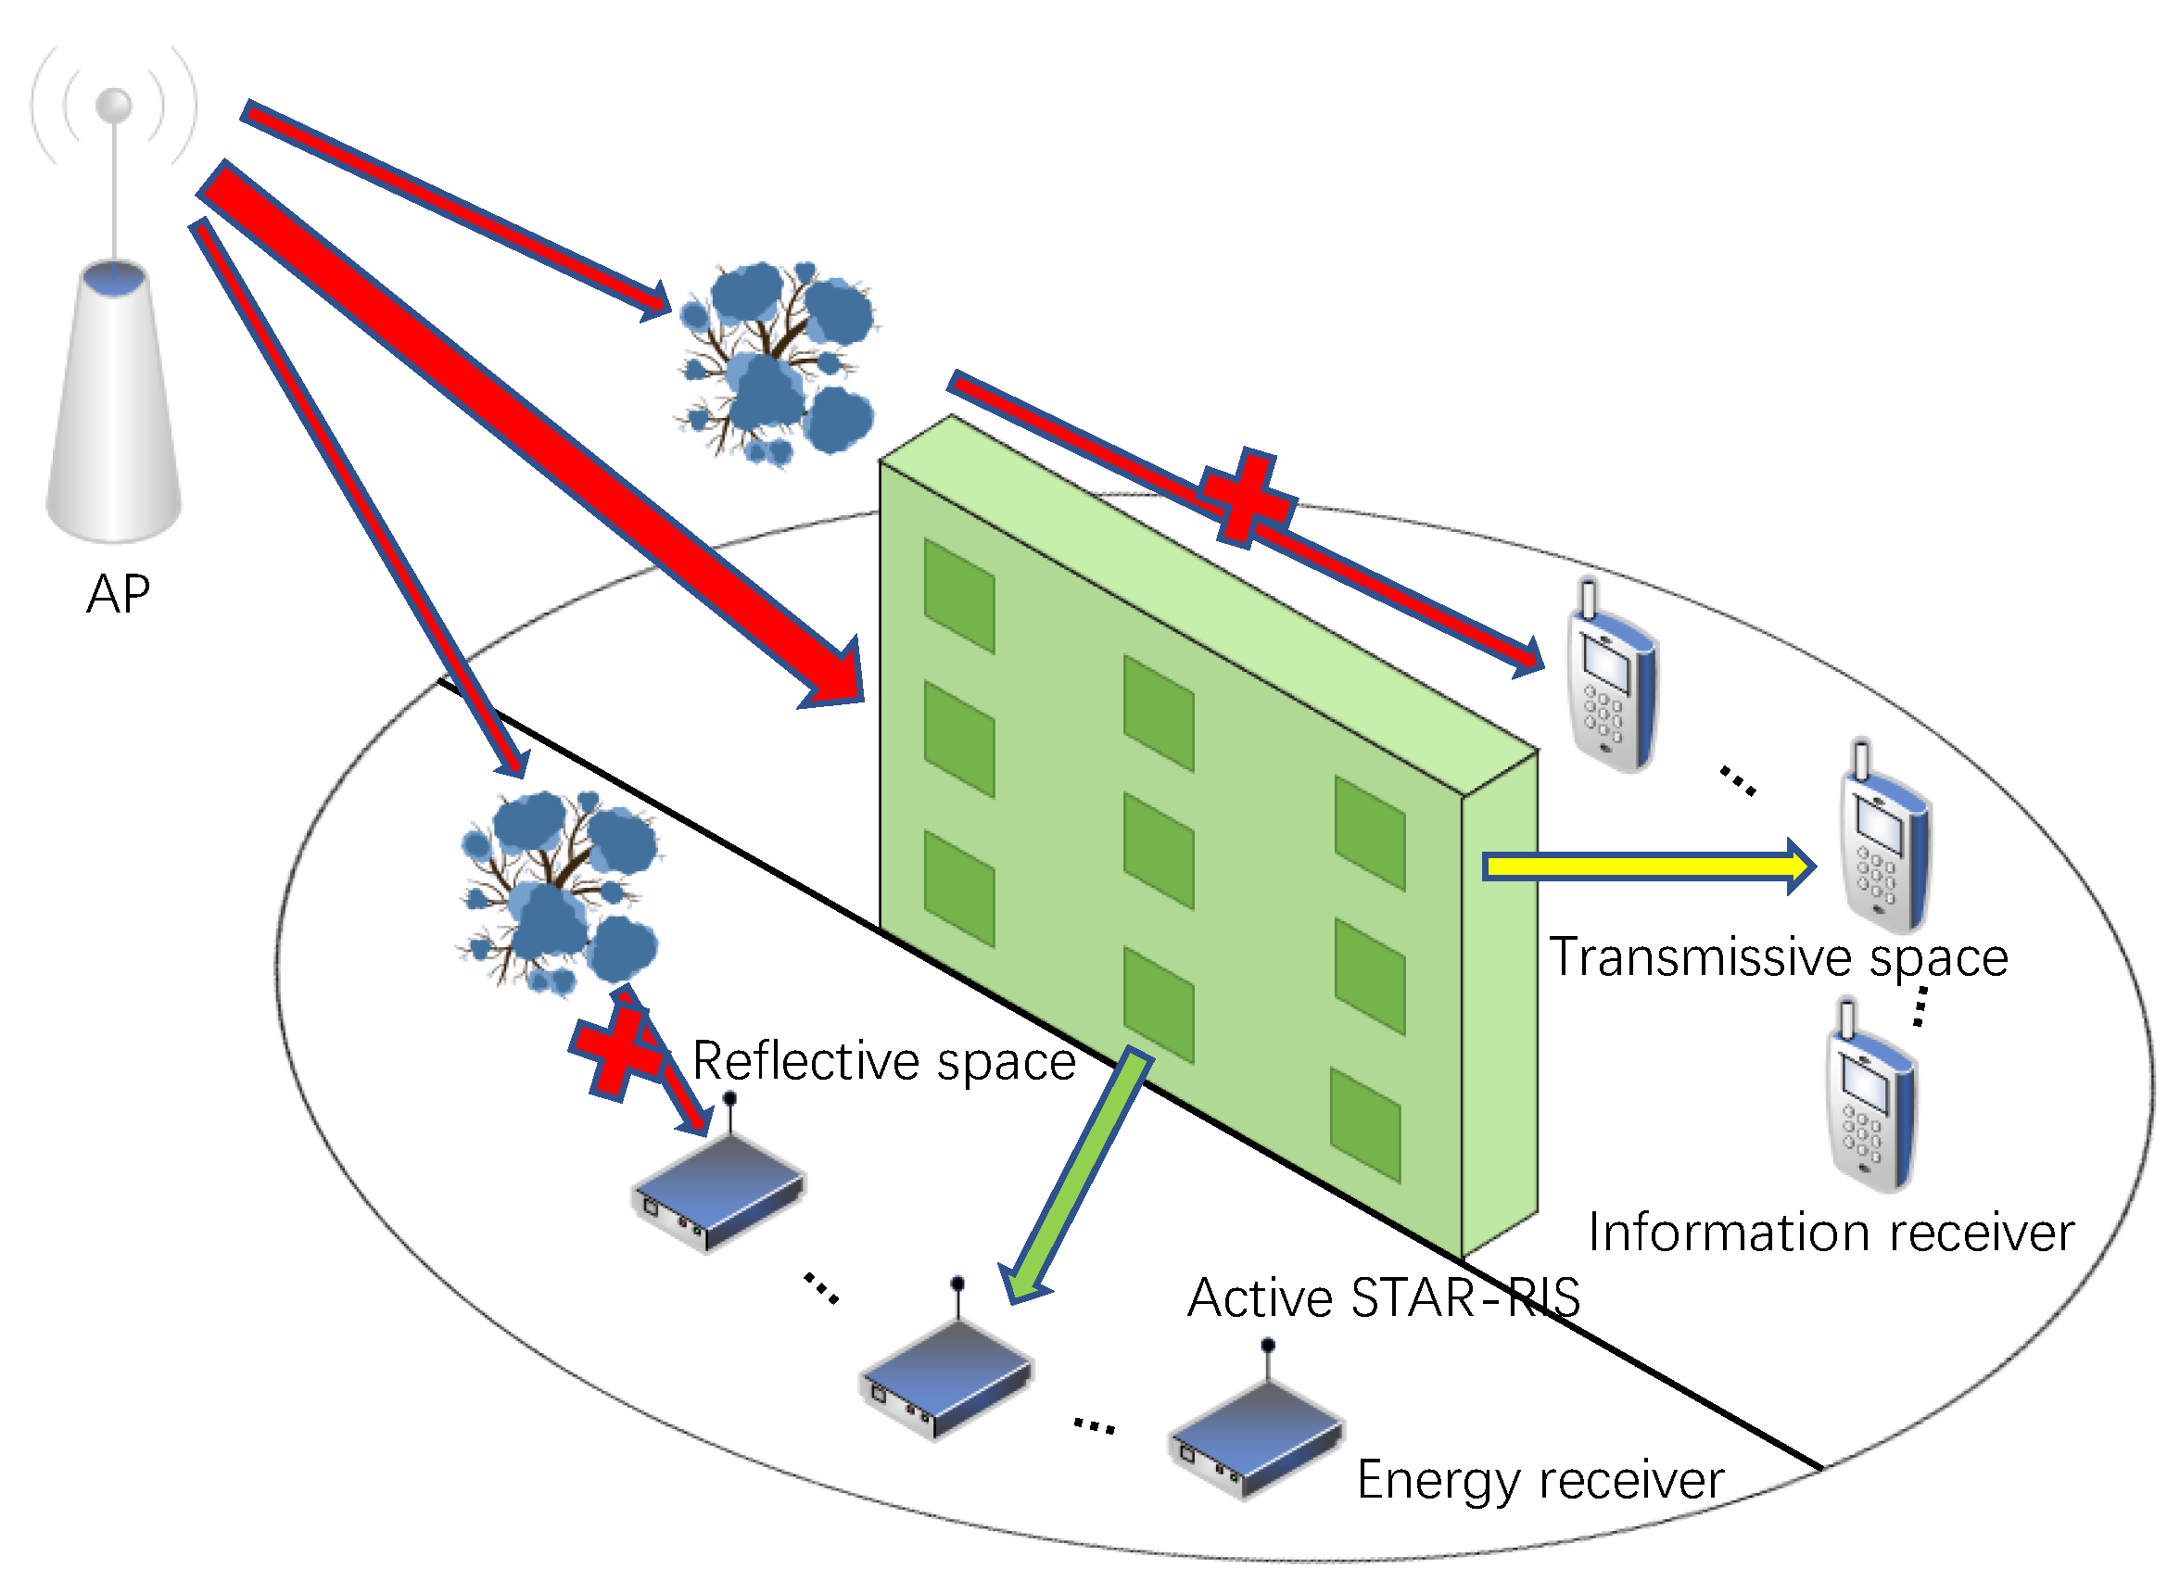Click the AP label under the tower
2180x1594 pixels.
coord(118,594)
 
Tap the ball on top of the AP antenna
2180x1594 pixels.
coord(114,105)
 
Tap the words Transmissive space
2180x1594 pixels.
coord(1778,958)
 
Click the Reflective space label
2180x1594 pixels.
coord(884,1062)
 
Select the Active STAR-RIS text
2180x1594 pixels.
coord(1383,1297)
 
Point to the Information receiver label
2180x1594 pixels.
coord(1830,1233)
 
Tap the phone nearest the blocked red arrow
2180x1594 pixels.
coord(1611,680)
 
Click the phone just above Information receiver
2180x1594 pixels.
coord(1870,1100)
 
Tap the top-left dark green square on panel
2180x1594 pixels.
coord(958,596)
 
